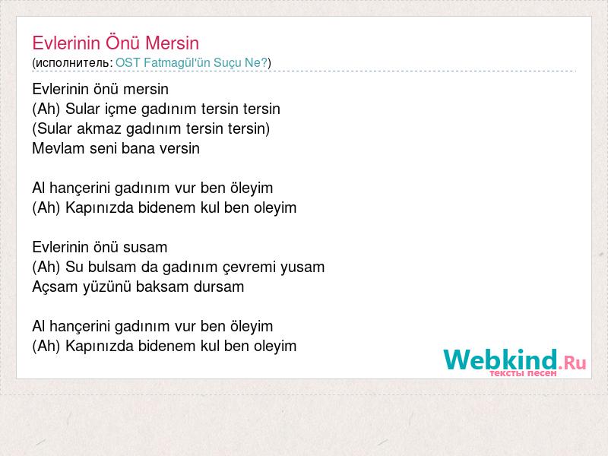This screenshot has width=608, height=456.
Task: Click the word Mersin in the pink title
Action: click(173, 43)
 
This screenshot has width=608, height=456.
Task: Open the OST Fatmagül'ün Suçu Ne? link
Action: click(192, 63)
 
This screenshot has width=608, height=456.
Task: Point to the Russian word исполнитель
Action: click(72, 63)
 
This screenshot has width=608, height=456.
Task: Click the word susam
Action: click(147, 248)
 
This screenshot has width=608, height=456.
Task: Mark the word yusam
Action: click(302, 268)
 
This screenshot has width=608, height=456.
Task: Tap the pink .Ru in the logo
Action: click(572, 363)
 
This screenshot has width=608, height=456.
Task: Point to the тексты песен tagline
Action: click(523, 373)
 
